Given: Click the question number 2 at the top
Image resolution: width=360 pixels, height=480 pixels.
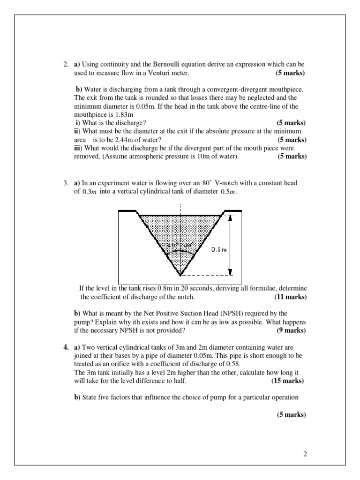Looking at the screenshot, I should tap(66, 64).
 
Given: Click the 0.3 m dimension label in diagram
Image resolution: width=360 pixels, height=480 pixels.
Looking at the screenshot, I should tap(218, 250).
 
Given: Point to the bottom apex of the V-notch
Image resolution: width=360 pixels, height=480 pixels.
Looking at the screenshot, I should tap(180, 275).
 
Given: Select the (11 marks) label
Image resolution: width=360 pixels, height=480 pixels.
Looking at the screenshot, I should tap(291, 297).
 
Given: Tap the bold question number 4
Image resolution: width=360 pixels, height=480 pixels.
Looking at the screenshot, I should tap(66, 347).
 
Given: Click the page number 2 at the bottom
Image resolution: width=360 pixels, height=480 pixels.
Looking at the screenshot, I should tap(305, 454).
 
